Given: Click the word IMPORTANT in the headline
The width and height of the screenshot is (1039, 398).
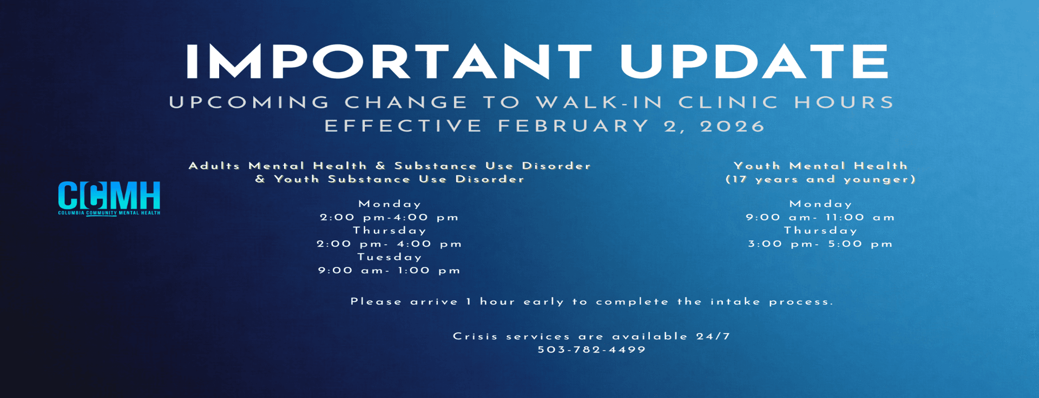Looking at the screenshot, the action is click(x=389, y=62).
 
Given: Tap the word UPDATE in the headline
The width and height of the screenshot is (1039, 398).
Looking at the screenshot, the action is click(x=754, y=62).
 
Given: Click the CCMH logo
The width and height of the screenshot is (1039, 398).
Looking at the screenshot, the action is click(x=109, y=198).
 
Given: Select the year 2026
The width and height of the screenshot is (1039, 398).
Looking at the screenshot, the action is click(x=733, y=126).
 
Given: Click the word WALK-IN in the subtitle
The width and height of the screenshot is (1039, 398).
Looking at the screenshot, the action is click(x=600, y=102).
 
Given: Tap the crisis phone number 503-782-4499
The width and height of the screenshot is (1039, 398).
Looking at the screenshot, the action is click(x=592, y=350).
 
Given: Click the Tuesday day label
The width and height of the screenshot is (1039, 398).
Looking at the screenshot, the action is click(x=390, y=257).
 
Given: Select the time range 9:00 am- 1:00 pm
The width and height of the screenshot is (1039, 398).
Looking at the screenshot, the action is click(x=390, y=270).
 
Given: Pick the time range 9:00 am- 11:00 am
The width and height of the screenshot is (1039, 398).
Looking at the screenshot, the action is click(x=820, y=218).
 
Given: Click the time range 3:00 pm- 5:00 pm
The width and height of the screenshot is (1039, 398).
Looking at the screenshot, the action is click(x=820, y=244).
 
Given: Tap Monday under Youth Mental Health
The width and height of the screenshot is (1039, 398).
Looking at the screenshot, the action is click(x=821, y=204).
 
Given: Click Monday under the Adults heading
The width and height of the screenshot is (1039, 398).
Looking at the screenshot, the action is click(x=390, y=204).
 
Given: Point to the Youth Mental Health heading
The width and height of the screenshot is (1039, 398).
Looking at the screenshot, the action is click(x=820, y=166).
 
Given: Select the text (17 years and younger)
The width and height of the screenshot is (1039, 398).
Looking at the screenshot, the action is click(x=820, y=179).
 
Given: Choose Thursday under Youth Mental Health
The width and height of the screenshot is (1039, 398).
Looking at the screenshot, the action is click(x=821, y=231).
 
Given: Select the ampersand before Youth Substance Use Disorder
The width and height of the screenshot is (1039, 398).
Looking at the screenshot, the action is click(x=260, y=179).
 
